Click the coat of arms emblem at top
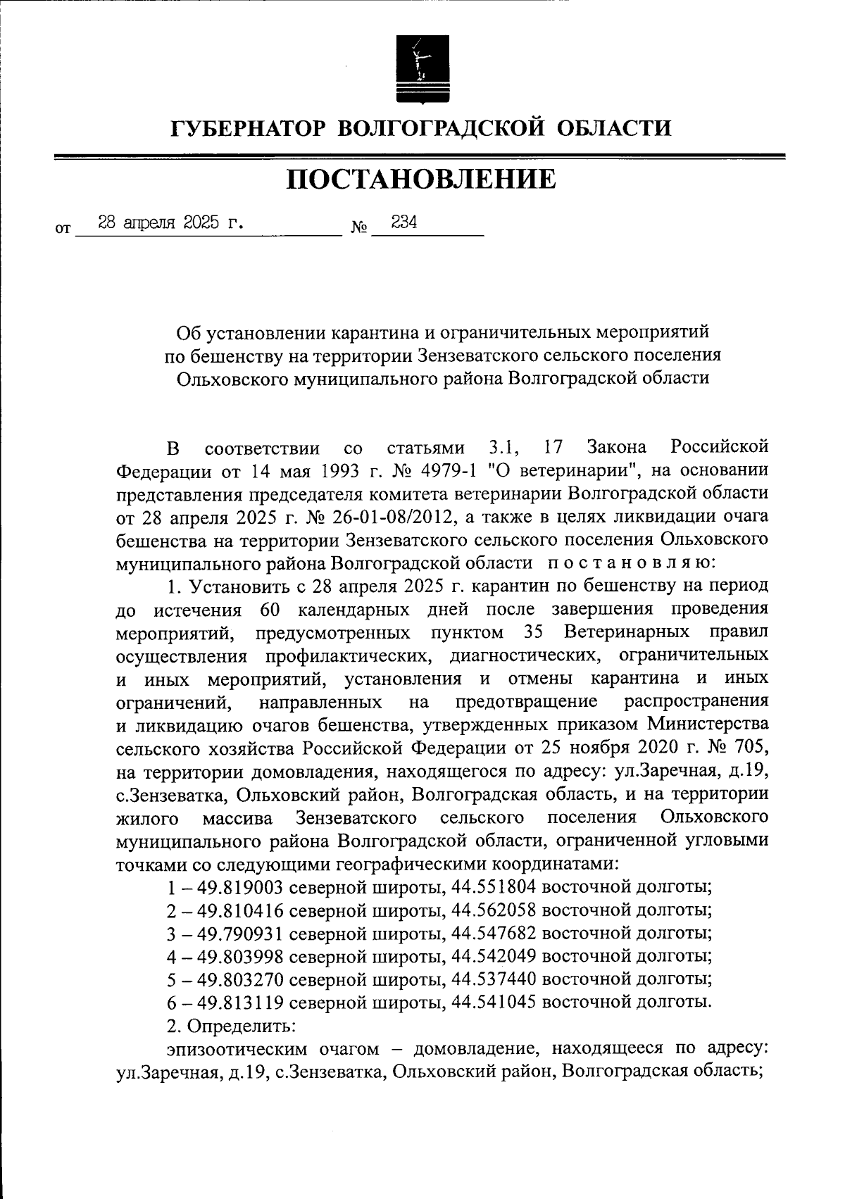point(421,68)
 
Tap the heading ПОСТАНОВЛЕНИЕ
point(420,180)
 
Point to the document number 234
point(404,222)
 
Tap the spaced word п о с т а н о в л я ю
point(631,563)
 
